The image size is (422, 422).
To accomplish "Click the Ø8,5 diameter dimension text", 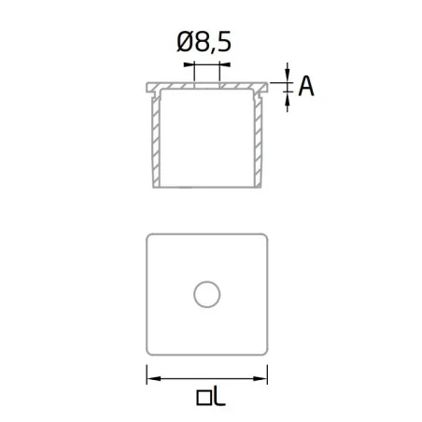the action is click(x=204, y=42).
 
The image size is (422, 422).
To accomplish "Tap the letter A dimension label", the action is click(x=306, y=86).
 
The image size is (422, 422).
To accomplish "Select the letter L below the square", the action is click(x=219, y=397).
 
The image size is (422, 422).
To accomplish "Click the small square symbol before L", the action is click(x=204, y=398).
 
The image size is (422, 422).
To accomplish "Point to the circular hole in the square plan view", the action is click(x=207, y=294).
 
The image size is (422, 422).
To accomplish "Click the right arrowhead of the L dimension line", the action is click(x=260, y=379).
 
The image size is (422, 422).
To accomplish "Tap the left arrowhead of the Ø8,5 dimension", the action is click(x=189, y=64).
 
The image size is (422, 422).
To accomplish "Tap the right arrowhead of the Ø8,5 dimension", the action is click(x=225, y=64).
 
